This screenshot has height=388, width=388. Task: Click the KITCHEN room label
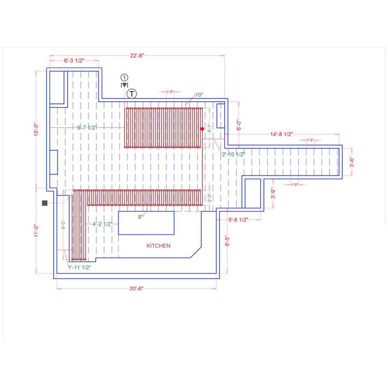pos(158,246)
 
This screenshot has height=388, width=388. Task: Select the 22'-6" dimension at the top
pos(137,55)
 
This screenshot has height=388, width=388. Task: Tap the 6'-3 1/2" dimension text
pos(74,61)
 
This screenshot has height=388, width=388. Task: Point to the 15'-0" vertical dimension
pos(36,130)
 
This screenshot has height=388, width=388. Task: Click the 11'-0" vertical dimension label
pos(36,230)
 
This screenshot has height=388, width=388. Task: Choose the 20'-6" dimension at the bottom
pos(136,289)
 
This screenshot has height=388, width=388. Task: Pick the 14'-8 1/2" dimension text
pos(282,134)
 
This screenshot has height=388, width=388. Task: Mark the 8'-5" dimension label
pos(227,241)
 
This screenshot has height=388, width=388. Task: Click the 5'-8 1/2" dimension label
pos(238,220)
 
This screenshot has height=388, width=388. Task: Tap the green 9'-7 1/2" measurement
pos(87,128)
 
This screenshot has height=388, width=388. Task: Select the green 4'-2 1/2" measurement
pos(102,224)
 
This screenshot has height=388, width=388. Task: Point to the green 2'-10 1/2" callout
pos(234,154)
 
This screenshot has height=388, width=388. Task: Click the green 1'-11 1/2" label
pos(80,267)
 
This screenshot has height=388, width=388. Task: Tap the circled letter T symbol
pos(132,94)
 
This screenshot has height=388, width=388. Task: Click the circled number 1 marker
pos(124,78)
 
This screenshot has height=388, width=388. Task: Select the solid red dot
pos(202,129)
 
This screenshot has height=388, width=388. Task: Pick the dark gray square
pos(45,203)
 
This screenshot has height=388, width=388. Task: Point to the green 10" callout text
pos(199,95)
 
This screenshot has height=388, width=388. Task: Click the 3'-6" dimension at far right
pos(352,162)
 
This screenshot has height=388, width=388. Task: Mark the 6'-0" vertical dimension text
pos(239,125)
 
